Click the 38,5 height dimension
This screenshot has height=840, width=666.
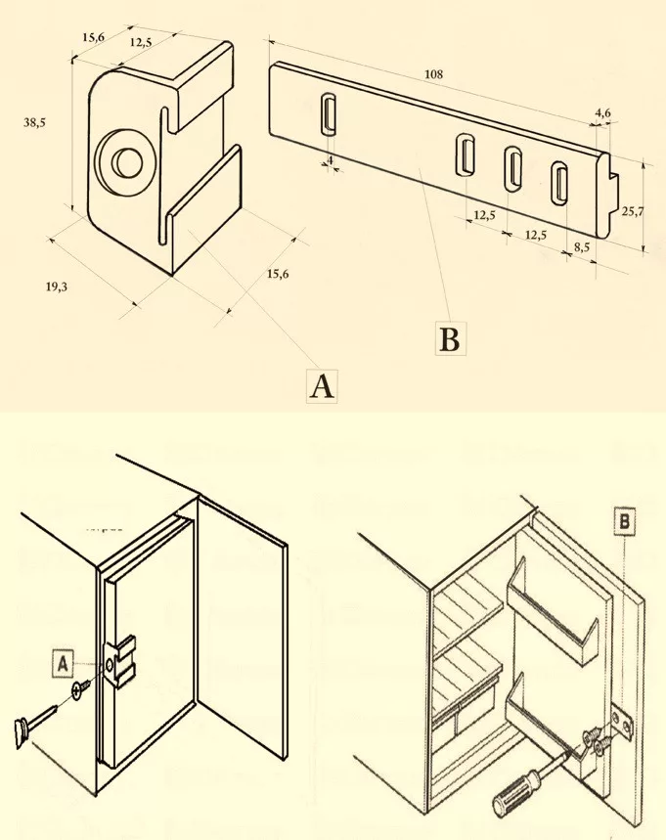[35, 123]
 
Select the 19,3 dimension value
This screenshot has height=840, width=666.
[56, 287]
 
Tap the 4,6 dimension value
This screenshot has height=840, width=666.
[602, 114]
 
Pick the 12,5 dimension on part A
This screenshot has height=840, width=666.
[140, 43]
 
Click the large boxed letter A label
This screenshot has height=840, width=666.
[322, 387]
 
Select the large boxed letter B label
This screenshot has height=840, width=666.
[449, 340]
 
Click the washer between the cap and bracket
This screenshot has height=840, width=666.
[78, 693]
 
